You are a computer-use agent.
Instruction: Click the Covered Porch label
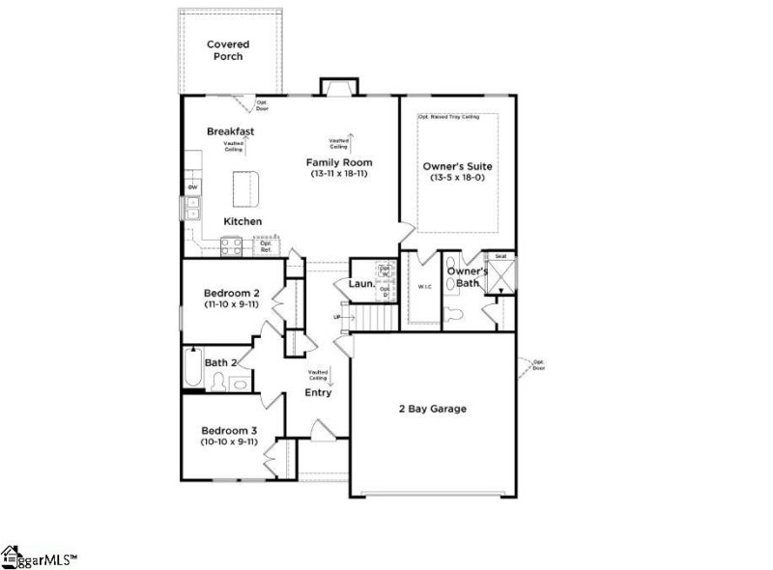(x=228, y=50)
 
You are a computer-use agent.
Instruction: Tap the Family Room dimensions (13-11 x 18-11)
(x=339, y=174)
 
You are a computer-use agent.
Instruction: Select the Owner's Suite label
(x=450, y=166)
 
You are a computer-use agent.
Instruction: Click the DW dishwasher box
(x=193, y=186)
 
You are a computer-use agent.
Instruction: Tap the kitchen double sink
(x=193, y=209)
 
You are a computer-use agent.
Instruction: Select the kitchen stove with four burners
(x=231, y=246)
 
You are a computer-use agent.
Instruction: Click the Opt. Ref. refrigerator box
(x=265, y=246)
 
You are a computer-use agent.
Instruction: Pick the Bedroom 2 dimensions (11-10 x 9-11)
(x=231, y=304)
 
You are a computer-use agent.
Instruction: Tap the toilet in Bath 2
(x=218, y=383)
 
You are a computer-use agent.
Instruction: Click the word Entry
(x=319, y=392)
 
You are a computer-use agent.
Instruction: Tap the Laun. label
(x=360, y=284)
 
